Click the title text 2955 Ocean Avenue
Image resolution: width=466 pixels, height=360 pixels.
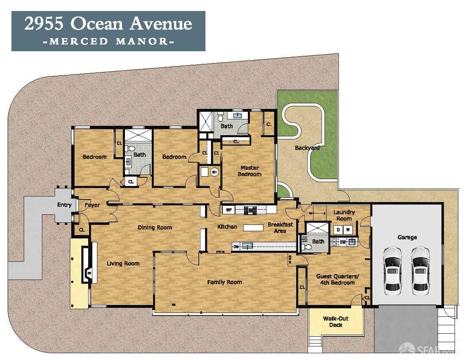[108, 24]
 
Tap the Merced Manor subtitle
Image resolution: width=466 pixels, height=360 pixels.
[108, 42]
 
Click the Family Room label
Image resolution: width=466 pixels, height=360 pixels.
[224, 282]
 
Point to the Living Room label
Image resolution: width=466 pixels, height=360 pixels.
[123, 263]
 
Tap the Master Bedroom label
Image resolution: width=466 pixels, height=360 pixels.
[250, 171]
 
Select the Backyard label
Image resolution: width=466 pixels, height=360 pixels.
[307, 148]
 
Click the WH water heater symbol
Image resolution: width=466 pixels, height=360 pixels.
[214, 172]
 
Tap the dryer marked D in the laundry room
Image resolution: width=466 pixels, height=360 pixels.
[338, 230]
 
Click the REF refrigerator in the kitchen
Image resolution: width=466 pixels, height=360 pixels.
[228, 209]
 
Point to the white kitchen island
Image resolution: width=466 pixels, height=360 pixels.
[253, 228]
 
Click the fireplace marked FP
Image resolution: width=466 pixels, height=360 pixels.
[89, 274]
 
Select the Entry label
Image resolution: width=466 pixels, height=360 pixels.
[64, 205]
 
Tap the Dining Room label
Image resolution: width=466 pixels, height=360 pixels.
[155, 227]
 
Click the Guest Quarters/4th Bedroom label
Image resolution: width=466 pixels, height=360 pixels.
[336, 280]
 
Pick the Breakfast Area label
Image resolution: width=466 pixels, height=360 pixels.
[280, 228]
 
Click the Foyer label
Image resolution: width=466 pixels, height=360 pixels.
[92, 205]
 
